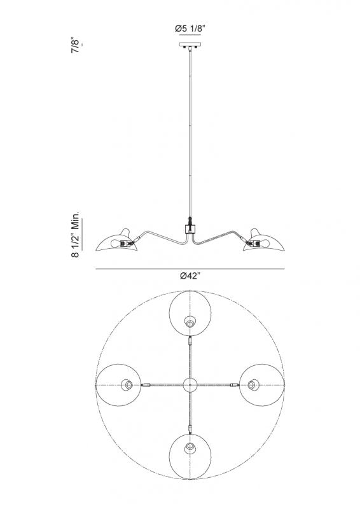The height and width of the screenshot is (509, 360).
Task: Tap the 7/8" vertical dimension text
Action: [x=76, y=46]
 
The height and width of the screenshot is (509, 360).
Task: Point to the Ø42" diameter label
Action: [x=190, y=275]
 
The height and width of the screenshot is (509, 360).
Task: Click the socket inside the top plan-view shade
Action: [x=190, y=323]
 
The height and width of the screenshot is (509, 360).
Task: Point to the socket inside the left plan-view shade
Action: [x=128, y=385]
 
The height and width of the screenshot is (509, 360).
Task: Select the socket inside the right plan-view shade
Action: [x=253, y=385]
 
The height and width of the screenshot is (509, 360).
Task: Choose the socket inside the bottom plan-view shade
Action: [x=190, y=448]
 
